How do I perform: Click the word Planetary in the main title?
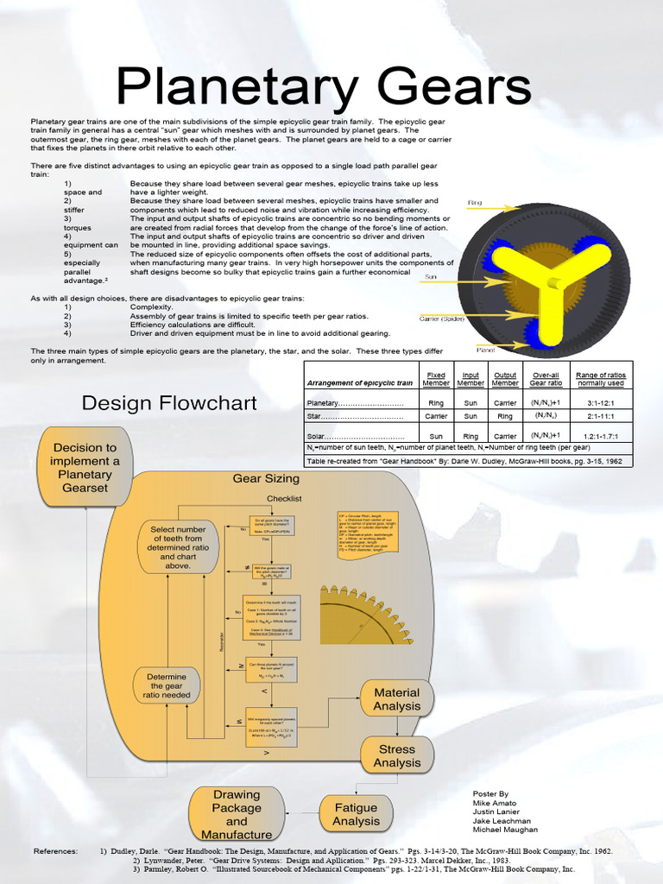pos(227,89)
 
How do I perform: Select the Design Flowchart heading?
pos(169,403)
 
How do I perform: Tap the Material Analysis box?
pos(397,699)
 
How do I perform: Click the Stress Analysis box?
pos(397,755)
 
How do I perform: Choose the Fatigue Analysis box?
pos(356,814)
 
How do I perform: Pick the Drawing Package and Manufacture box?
pos(237,814)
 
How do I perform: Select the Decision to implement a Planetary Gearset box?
pos(85,467)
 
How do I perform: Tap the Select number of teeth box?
pos(179,547)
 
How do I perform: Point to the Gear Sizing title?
pos(266,478)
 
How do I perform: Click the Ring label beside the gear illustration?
pos(475,203)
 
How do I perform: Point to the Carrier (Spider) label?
pos(441,318)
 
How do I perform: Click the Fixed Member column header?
pos(436,379)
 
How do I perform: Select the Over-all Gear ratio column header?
pos(546,379)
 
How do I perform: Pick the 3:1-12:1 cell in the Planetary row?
pos(601,403)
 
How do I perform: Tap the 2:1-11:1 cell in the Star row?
pos(601,415)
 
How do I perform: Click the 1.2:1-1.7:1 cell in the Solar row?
pos(601,436)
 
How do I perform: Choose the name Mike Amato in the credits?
pos(493,803)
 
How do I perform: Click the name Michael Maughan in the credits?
pos(505,830)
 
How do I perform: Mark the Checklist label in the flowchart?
pos(284,498)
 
